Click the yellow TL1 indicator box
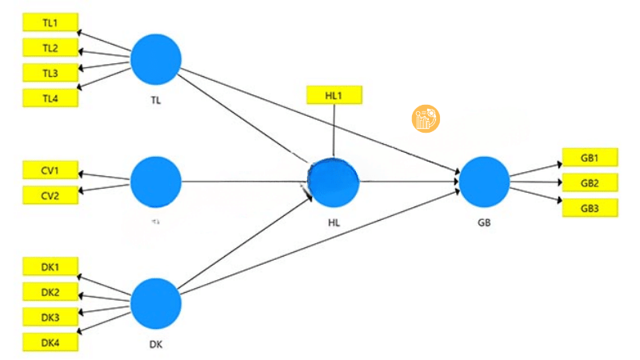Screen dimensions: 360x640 pyautogui.click(x=50, y=23)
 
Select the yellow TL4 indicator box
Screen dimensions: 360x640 pyautogui.click(x=50, y=98)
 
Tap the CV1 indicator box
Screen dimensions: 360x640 pyautogui.click(x=50, y=170)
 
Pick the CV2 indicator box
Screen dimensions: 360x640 pyautogui.click(x=50, y=194)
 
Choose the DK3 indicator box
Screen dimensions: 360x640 pyautogui.click(x=50, y=318)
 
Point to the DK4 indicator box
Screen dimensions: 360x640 pyautogui.click(x=50, y=343)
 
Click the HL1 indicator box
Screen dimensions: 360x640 pyautogui.click(x=334, y=94)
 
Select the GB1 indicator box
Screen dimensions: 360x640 pyautogui.click(x=590, y=157)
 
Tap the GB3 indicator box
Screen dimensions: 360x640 pyautogui.click(x=590, y=209)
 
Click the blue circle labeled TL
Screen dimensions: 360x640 pyautogui.click(x=156, y=58)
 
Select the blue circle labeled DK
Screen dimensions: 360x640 pyautogui.click(x=156, y=303)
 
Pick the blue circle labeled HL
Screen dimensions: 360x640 pyautogui.click(x=334, y=183)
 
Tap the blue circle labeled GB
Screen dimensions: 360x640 pyautogui.click(x=484, y=182)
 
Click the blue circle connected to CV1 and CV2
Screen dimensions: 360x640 pyautogui.click(x=156, y=182)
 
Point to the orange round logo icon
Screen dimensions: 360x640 pyautogui.click(x=426, y=118)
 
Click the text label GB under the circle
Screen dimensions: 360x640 pyautogui.click(x=484, y=222)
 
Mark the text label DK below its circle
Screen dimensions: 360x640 pyautogui.click(x=156, y=346)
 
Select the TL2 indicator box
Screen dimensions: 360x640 pyautogui.click(x=50, y=48)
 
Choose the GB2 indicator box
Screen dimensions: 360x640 pyautogui.click(x=590, y=182)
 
